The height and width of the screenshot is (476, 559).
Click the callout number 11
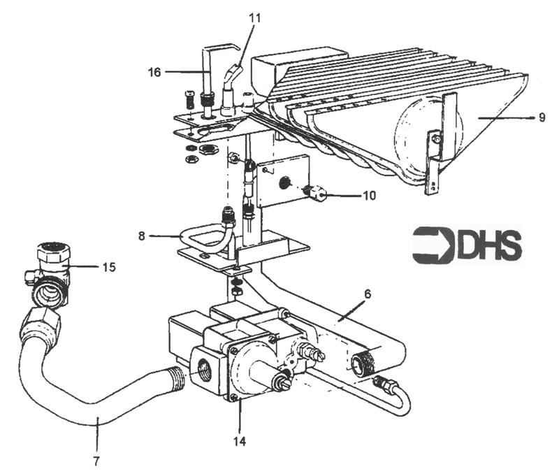tap(254, 17)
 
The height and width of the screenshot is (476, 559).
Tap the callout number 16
tap(154, 71)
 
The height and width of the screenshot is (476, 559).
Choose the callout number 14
tap(241, 441)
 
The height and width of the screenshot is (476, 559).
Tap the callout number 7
tap(97, 461)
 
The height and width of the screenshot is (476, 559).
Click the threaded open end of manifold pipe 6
tap(361, 363)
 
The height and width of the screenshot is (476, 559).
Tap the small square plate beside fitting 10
tap(282, 180)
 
